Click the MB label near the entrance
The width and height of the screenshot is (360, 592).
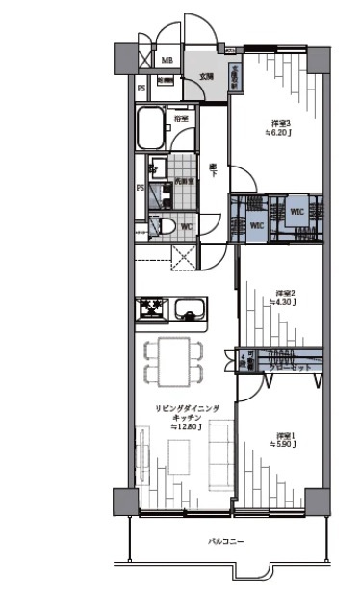click(167, 61)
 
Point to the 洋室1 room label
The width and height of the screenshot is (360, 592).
click(286, 435)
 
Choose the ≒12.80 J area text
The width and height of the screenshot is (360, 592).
click(186, 426)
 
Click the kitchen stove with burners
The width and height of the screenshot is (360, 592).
click(152, 309)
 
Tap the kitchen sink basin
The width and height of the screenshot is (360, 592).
click(190, 310)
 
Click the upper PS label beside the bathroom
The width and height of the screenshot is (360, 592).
click(141, 90)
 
